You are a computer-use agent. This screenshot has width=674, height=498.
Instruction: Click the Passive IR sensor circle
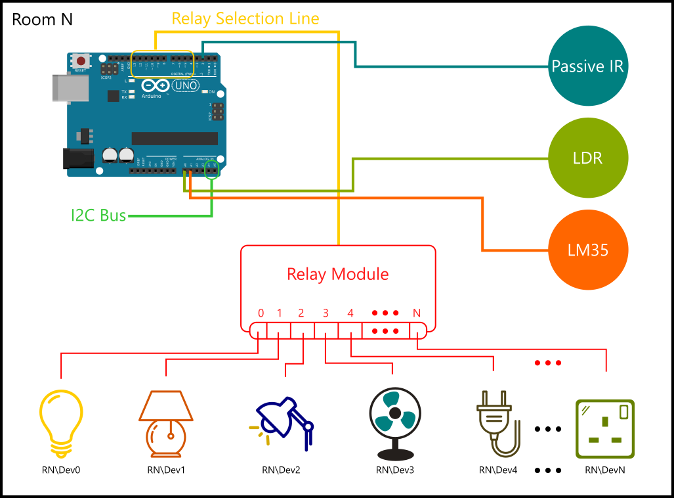588,66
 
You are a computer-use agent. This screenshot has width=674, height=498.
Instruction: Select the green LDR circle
588,158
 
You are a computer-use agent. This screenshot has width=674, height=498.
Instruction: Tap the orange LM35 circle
588,250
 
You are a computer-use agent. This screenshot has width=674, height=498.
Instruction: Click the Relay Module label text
338,274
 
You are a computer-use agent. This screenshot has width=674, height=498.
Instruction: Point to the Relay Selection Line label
245,18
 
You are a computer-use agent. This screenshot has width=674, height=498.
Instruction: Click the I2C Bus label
98,215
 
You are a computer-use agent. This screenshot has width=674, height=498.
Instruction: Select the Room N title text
43,20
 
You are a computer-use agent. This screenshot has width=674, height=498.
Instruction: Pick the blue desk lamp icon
282,424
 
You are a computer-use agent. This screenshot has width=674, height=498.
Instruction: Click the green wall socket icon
604,428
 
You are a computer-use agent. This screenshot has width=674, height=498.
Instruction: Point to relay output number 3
326,313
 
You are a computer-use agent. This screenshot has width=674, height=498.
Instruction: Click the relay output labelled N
416,313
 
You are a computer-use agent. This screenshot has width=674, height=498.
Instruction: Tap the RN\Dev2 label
281,470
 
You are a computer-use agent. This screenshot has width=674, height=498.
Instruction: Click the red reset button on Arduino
80,60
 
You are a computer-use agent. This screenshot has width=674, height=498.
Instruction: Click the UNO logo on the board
184,86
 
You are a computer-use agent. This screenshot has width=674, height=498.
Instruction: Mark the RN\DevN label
604,470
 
